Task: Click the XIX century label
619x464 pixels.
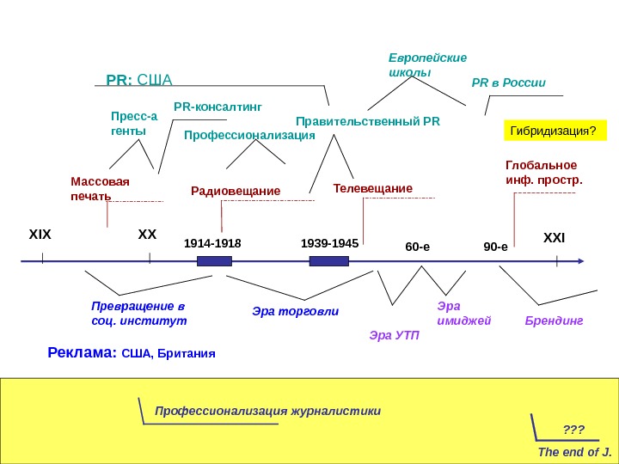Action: click(40, 234)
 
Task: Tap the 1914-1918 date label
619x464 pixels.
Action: click(213, 243)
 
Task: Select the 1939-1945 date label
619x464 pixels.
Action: click(330, 243)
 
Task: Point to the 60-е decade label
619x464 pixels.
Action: click(417, 247)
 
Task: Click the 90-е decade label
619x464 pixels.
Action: click(495, 247)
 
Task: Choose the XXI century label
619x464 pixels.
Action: click(554, 236)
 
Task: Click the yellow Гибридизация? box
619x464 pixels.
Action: click(554, 131)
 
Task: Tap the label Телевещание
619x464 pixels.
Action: click(372, 188)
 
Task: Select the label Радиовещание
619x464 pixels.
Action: click(236, 190)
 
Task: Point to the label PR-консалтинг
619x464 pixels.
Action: click(217, 107)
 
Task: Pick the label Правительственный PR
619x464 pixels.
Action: click(367, 121)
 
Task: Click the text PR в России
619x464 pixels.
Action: click(509, 83)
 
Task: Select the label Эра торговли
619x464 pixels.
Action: click(295, 311)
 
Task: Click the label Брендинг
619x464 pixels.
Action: click(554, 321)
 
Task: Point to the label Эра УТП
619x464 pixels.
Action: click(395, 334)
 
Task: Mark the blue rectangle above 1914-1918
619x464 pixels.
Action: click(214, 260)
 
